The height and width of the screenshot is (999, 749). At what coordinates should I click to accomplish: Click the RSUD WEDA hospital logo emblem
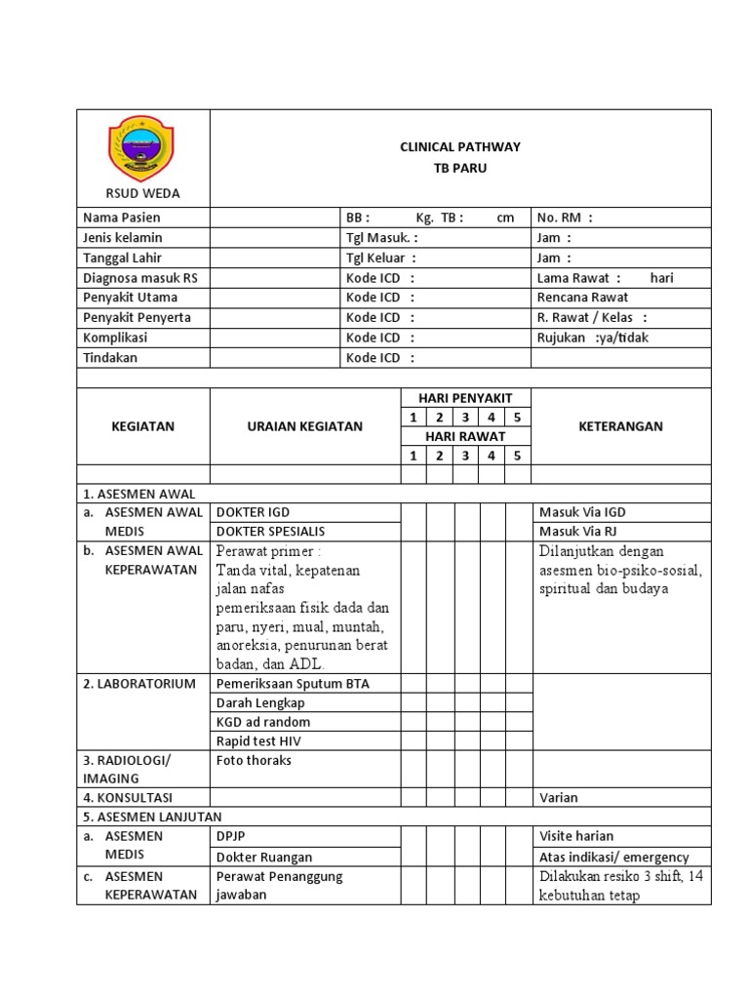(x=142, y=148)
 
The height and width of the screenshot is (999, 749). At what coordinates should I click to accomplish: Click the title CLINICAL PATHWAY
(x=460, y=147)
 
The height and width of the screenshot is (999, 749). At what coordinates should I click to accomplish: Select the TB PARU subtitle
(x=460, y=168)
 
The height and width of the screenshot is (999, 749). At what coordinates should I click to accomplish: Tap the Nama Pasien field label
(x=122, y=218)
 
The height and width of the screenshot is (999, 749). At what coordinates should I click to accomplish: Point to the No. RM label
(x=565, y=218)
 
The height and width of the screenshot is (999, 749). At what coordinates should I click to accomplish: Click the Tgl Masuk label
(x=381, y=238)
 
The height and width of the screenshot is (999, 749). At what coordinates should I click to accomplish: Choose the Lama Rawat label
(x=578, y=278)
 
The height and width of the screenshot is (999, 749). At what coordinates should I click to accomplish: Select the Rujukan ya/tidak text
(x=592, y=338)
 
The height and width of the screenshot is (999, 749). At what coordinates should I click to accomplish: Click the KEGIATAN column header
(x=142, y=426)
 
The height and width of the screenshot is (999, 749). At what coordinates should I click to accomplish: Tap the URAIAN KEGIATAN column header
(x=304, y=426)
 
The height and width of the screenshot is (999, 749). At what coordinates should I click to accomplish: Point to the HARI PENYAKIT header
(x=465, y=398)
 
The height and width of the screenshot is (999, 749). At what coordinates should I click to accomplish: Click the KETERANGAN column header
(x=620, y=426)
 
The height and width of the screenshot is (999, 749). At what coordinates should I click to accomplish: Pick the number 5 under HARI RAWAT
(x=518, y=456)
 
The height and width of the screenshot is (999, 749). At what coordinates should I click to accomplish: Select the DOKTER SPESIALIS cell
(x=271, y=532)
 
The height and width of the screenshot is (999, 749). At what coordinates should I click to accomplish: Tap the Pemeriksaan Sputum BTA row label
(x=293, y=684)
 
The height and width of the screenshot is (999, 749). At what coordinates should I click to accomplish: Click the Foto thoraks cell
(x=254, y=760)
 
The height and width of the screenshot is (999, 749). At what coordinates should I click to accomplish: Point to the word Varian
(x=558, y=797)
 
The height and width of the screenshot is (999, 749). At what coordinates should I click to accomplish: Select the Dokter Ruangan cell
(x=264, y=857)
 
